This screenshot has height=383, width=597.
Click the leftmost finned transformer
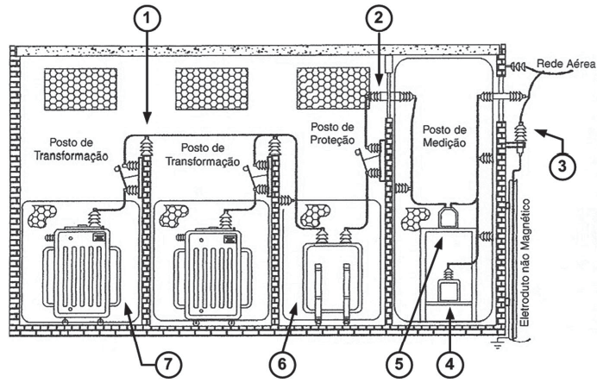(77, 272)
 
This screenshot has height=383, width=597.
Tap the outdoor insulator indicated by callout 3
(520, 135)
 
